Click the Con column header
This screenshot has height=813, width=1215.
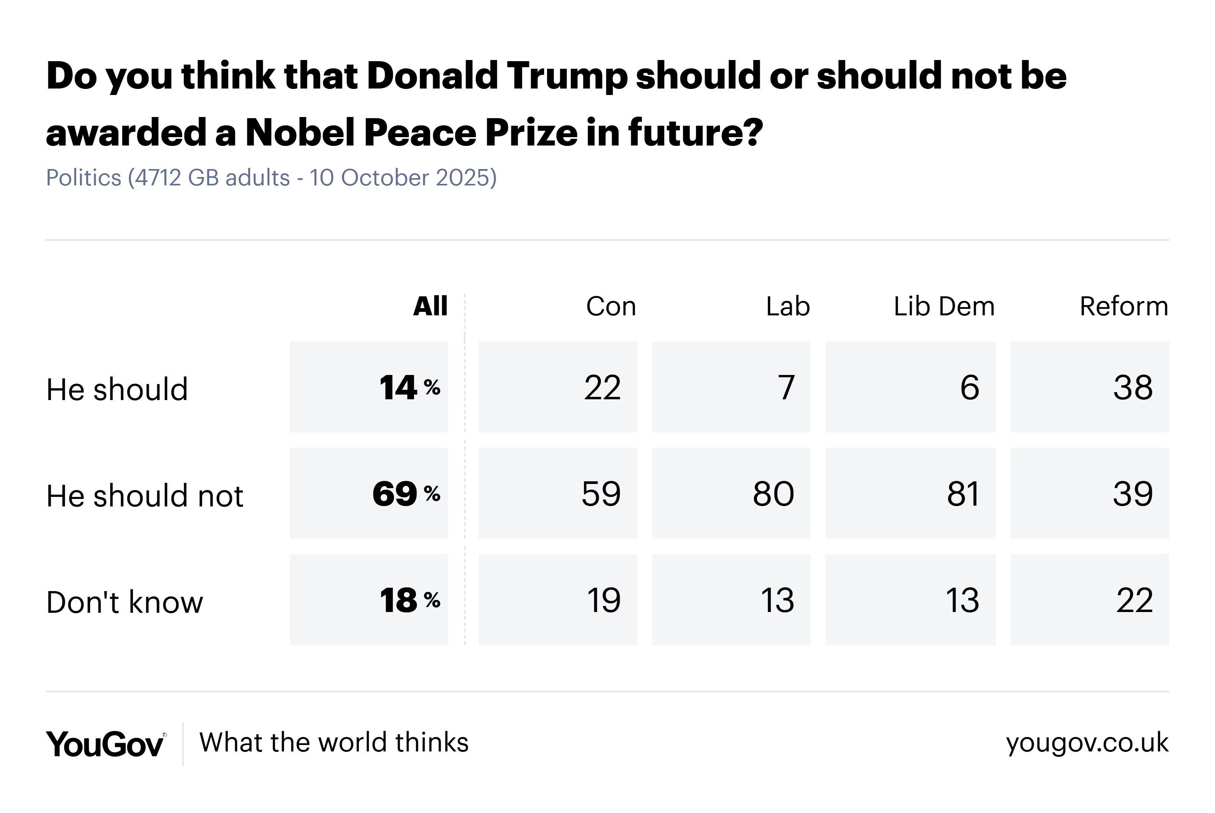[611, 307]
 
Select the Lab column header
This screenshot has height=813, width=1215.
[787, 307]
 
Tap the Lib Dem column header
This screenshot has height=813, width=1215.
[944, 307]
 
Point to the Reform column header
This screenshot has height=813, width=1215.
[1123, 307]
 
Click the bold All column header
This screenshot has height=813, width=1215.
[430, 307]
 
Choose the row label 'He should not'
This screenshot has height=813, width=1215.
[145, 496]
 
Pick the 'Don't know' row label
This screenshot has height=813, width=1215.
[125, 602]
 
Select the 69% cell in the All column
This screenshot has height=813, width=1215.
[369, 493]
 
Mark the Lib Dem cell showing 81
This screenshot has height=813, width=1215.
[910, 493]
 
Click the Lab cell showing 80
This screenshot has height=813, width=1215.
[731, 493]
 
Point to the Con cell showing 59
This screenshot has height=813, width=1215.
[557, 493]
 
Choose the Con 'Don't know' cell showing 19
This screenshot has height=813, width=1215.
[557, 600]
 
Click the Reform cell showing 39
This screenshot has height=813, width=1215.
[1090, 493]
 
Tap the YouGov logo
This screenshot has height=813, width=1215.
[105, 744]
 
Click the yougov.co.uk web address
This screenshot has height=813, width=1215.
[1087, 742]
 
